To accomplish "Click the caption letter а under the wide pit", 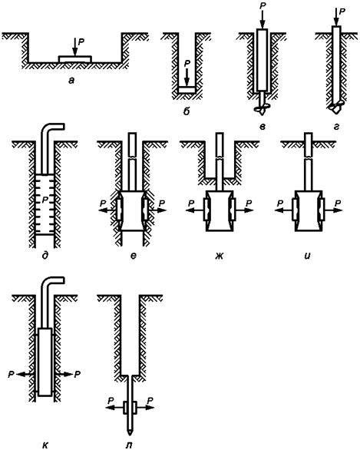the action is pyautogui.click(x=71, y=81).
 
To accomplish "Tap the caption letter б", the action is pyautogui.click(x=187, y=111).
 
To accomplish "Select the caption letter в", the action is pyautogui.click(x=263, y=127).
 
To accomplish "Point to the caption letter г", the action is pyautogui.click(x=336, y=127).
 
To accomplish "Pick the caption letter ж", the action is pyautogui.click(x=219, y=255).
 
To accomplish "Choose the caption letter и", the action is pyautogui.click(x=307, y=255).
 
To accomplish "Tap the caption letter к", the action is pyautogui.click(x=45, y=445).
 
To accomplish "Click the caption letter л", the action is pyautogui.click(x=130, y=445).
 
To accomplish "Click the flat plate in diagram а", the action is pyautogui.click(x=75, y=59).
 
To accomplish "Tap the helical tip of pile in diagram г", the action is pyautogui.click(x=336, y=108).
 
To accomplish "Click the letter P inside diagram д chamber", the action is pyautogui.click(x=45, y=200).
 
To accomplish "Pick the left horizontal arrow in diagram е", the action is pyautogui.click(x=107, y=210).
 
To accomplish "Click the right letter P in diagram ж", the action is pyautogui.click(x=249, y=203).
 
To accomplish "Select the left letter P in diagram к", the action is pyautogui.click(x=11, y=375).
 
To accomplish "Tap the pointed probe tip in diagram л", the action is pyautogui.click(x=130, y=432).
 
